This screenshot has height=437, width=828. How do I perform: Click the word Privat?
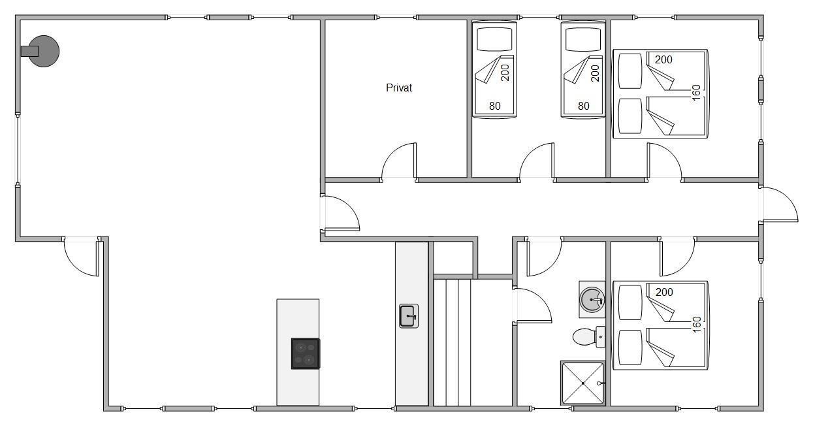coord(399,88)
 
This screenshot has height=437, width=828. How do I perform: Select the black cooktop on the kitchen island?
coord(306,353)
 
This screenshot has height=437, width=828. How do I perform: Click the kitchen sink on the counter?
coord(409,316)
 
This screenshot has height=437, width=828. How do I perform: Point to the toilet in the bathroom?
coord(588,337)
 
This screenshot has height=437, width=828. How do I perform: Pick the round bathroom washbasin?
coord(592,299)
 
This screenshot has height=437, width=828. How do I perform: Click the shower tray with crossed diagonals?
coord(583,383)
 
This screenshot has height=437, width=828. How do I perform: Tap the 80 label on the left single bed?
coord(494,106)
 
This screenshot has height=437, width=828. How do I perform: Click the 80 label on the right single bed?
coord(583,106)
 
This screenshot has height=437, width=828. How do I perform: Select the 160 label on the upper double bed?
coord(696,92)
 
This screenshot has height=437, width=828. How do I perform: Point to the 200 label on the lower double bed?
coord(664,292)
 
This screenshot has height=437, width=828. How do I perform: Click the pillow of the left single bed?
coord(494,39)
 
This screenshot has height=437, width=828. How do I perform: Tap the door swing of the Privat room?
coord(399,161)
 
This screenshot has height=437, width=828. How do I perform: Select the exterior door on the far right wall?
coord(780,204)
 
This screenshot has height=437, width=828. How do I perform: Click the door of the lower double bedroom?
coord(677,257)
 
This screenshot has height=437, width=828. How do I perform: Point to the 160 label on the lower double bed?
coord(696,324)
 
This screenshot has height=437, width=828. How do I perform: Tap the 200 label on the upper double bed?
coord(663,59)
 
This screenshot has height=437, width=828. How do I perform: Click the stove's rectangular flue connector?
coord(29,51)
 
